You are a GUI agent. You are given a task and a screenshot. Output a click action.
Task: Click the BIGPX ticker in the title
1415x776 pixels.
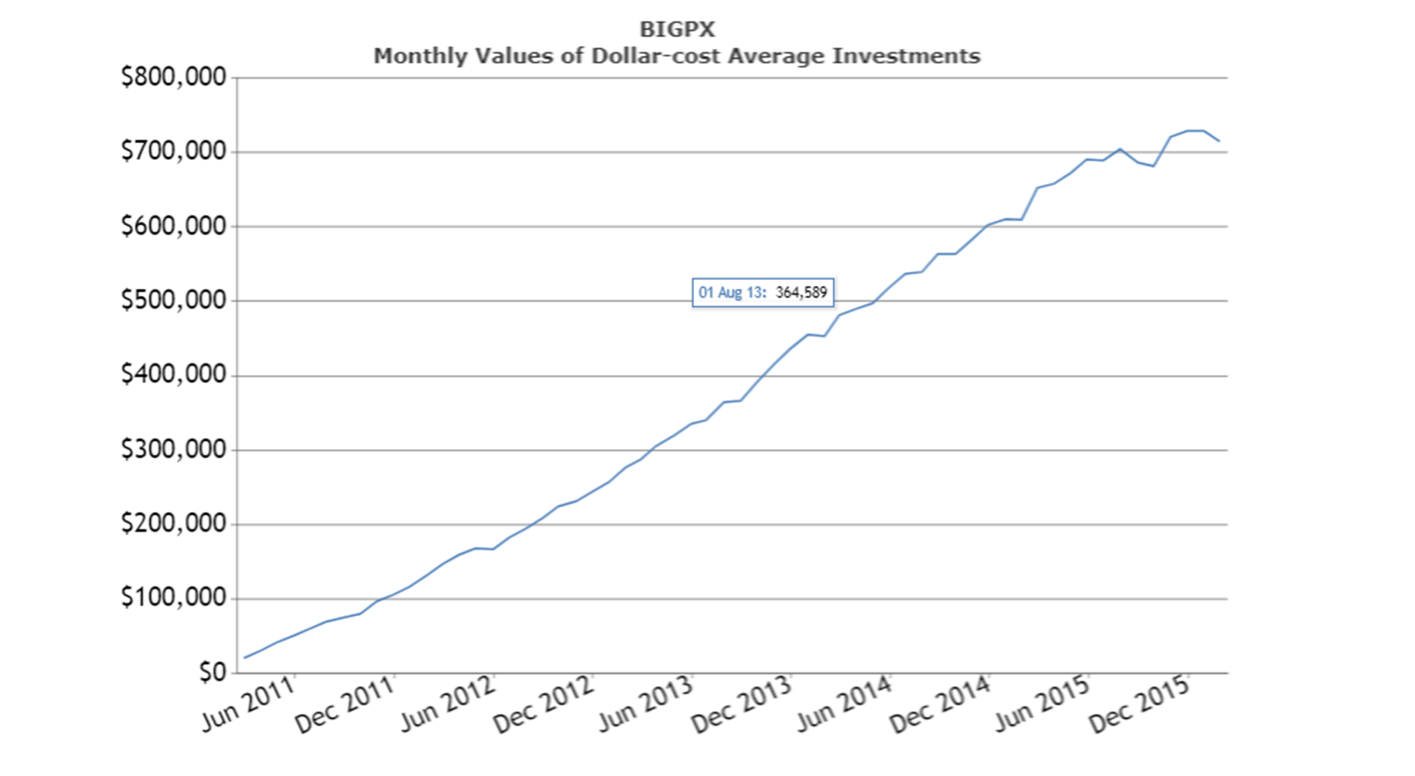pos(677,29)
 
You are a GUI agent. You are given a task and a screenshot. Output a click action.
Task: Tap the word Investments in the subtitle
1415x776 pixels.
pos(906,56)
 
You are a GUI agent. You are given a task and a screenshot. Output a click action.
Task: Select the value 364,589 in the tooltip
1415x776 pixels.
pos(801,292)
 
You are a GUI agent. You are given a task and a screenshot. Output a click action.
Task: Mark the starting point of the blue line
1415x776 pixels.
pos(245,658)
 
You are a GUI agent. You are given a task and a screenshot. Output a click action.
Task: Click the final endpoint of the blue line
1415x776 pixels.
pos(1219,141)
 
